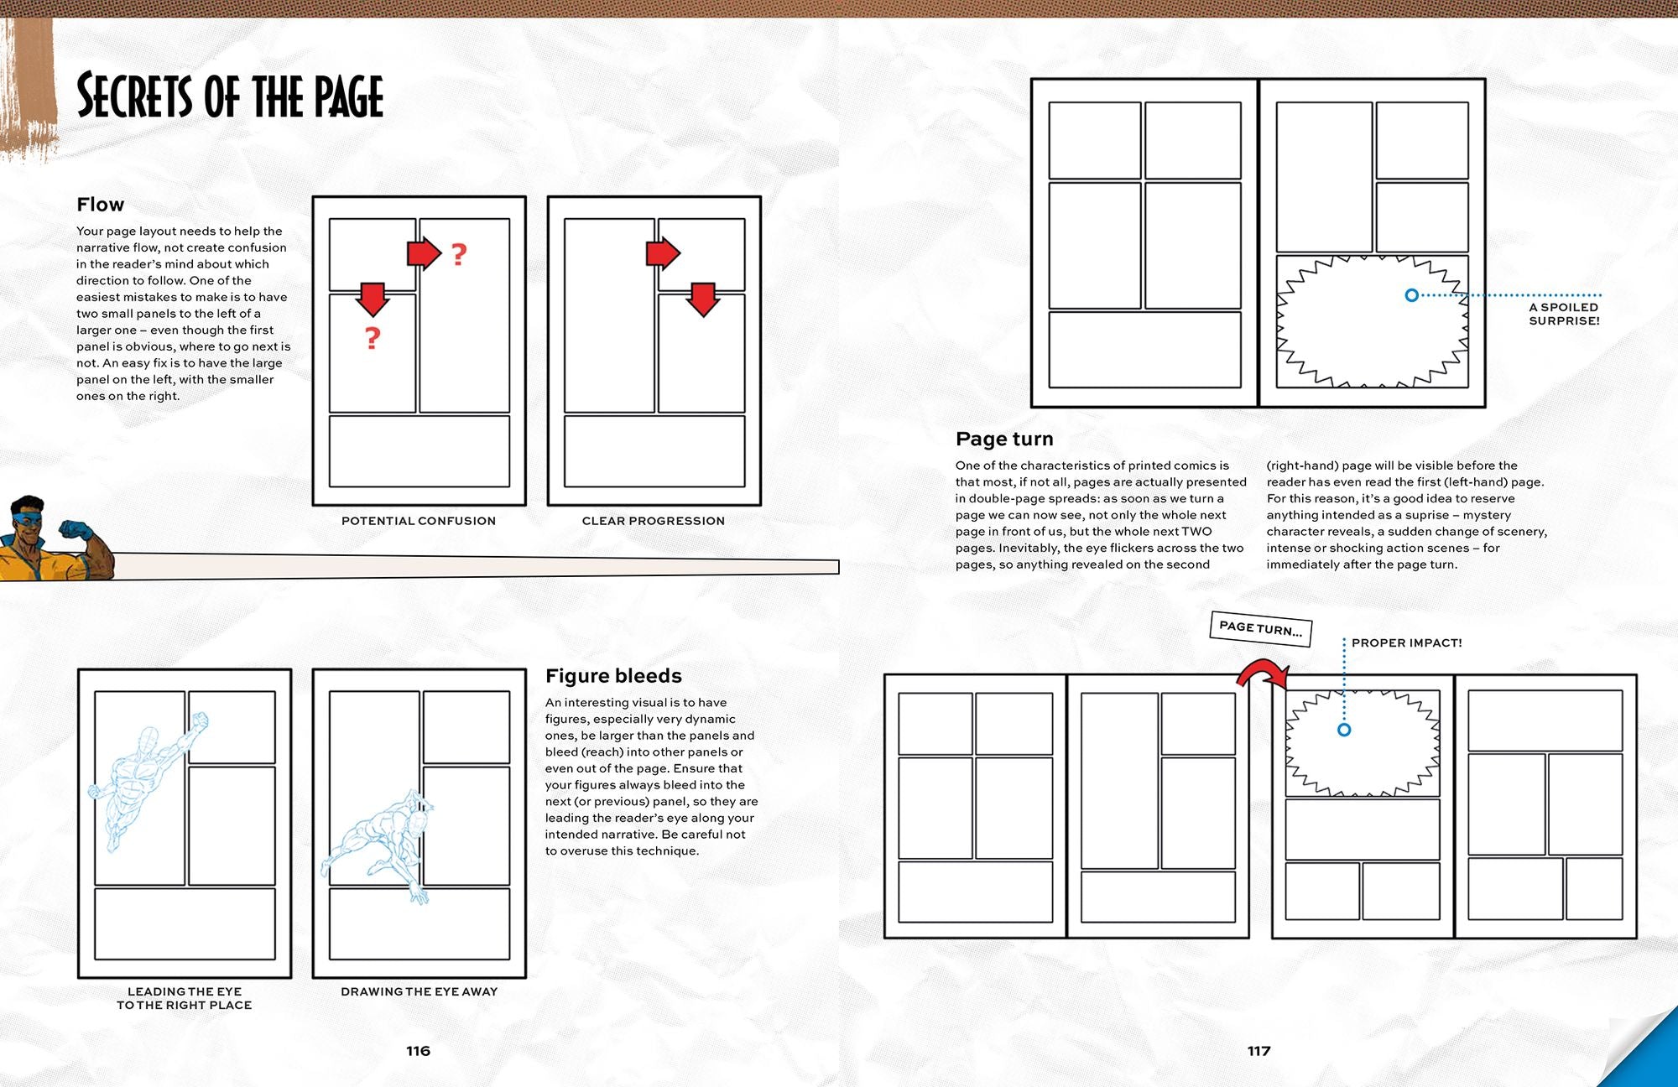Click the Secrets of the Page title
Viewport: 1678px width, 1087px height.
click(230, 96)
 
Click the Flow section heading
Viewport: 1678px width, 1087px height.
click(100, 205)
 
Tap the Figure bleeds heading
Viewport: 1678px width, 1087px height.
click(613, 676)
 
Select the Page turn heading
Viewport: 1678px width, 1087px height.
click(1004, 439)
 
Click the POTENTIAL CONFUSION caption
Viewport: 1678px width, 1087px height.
click(419, 521)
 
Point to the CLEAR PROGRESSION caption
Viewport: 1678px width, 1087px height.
click(653, 521)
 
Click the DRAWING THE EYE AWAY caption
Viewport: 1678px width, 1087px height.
click(419, 991)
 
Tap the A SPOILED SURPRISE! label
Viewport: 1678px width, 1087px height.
click(1564, 314)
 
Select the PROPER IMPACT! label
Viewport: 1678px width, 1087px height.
click(1406, 642)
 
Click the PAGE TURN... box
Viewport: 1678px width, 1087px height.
click(1260, 627)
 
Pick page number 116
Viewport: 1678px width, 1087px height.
click(418, 1051)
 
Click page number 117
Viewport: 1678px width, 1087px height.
click(1258, 1051)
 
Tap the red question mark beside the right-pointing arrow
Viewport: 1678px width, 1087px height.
click(458, 253)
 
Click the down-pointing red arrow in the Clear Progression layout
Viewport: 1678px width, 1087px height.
click(703, 299)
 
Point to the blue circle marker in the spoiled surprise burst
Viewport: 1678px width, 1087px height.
click(1411, 295)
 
